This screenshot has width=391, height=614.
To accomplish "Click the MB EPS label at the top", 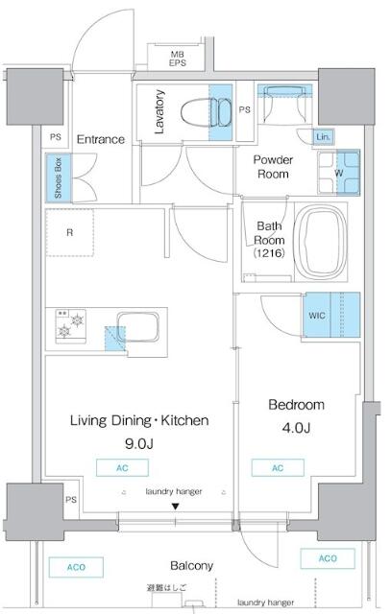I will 178,59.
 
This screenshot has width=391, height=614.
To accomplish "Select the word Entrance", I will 101,139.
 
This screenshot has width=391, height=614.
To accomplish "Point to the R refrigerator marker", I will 70,231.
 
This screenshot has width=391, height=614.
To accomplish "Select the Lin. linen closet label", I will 323,137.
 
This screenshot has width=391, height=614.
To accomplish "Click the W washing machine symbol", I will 339,173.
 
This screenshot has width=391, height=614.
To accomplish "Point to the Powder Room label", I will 274,167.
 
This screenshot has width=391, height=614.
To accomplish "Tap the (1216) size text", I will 268,255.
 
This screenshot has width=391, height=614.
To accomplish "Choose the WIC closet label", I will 318,315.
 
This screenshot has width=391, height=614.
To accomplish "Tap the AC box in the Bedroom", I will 279,468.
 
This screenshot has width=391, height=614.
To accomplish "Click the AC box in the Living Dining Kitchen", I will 121,468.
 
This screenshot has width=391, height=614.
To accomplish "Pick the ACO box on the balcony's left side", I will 76,568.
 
